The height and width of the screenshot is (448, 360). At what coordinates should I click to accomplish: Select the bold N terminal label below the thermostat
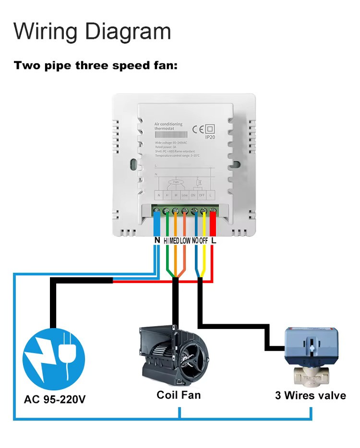tap(156, 240)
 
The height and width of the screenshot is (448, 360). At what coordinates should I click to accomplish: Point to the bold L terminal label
tap(214, 240)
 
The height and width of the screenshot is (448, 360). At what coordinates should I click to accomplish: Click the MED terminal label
tap(175, 240)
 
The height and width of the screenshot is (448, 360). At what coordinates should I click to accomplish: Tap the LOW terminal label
tap(186, 240)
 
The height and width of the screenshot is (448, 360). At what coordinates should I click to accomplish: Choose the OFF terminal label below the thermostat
tap(204, 240)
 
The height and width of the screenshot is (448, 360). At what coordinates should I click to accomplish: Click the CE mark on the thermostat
tap(198, 129)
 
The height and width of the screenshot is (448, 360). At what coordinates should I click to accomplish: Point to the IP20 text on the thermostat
tap(210, 137)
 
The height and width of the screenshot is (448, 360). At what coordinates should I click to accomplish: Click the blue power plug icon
tap(54, 359)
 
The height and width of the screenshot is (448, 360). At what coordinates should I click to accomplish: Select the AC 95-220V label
tap(55, 399)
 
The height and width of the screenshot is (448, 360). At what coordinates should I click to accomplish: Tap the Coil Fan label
tap(179, 395)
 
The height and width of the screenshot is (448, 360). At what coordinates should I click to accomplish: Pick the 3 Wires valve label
tap(310, 396)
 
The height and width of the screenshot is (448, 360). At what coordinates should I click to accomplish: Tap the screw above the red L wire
tap(213, 211)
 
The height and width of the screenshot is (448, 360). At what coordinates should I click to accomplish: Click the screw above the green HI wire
tap(166, 211)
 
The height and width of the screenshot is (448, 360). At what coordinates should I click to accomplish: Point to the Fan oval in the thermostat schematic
tap(176, 182)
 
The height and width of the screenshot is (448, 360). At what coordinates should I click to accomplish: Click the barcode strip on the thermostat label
tap(168, 136)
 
